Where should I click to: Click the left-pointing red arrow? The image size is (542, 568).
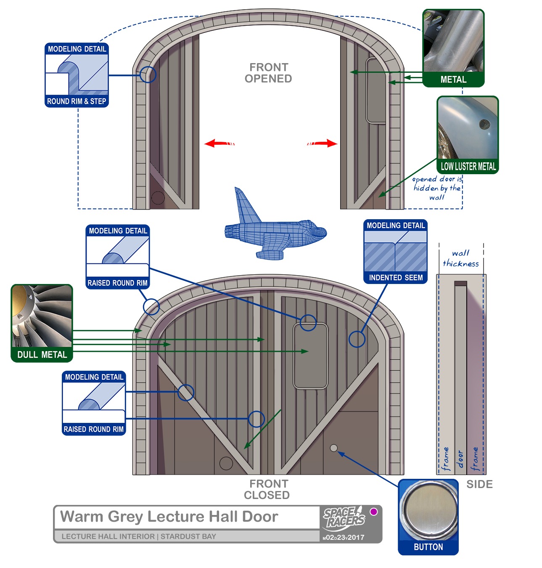219,143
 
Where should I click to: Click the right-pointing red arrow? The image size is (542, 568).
323,143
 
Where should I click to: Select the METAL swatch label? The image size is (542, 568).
453,80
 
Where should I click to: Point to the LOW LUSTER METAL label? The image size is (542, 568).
468,166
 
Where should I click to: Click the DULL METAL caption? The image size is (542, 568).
42,355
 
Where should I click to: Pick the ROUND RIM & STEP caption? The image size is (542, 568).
77,101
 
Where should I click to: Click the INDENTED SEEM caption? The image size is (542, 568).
396,278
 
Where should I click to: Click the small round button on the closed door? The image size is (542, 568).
334,448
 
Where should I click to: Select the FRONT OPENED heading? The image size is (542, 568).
268,73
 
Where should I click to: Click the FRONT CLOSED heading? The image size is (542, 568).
267,489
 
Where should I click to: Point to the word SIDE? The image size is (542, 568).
479,484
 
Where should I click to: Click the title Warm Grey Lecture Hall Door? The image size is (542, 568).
169,516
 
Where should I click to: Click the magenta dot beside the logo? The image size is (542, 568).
373,512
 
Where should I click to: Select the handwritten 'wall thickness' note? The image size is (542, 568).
461,258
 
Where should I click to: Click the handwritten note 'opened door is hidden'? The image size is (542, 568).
437,188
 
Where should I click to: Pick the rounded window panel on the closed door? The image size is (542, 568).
310,356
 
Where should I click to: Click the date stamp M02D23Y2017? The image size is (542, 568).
344,537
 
